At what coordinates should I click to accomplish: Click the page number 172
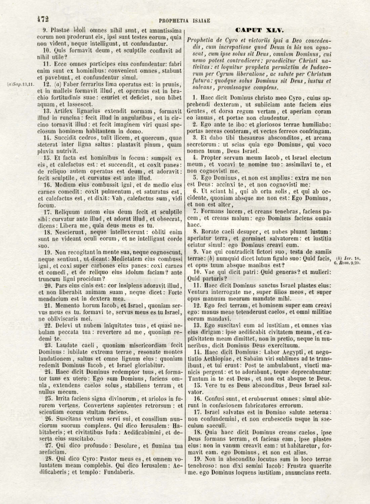point(43,19)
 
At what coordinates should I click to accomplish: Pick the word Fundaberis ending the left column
point(116,472)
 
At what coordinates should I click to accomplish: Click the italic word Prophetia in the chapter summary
point(201,40)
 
